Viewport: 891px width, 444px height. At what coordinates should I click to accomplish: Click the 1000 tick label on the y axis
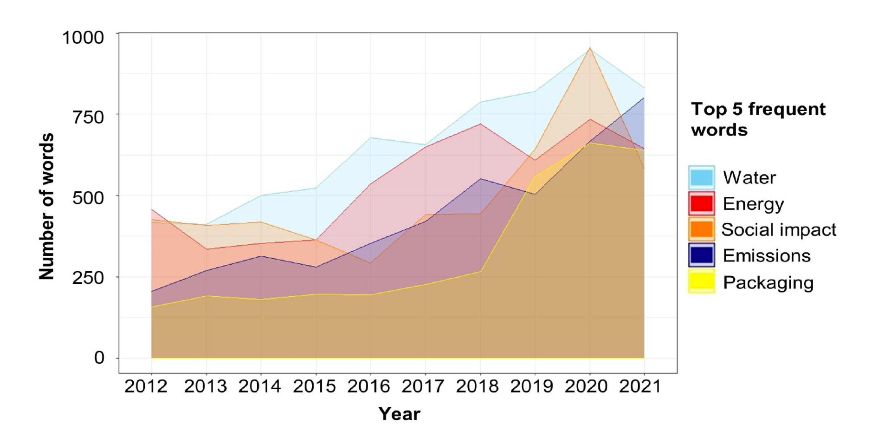[x=83, y=37]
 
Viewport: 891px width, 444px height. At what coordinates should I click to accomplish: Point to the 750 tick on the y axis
[x=89, y=117]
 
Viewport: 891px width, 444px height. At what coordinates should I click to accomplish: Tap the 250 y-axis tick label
[x=89, y=277]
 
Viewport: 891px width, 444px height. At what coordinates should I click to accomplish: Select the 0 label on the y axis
[x=99, y=358]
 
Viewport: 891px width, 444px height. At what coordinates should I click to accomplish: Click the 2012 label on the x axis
[x=146, y=386]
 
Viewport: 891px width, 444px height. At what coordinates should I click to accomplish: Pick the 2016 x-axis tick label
[x=369, y=386]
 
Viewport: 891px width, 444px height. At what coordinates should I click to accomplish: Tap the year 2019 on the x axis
[x=532, y=386]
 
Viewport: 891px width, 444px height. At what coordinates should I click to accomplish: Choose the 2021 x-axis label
[x=640, y=386]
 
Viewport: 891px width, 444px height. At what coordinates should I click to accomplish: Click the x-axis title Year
[x=399, y=413]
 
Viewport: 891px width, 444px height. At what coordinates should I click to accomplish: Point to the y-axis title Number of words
[x=46, y=207]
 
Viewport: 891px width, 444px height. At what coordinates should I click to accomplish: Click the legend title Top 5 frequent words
[x=758, y=119]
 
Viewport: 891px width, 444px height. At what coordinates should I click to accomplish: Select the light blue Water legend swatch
[x=701, y=177]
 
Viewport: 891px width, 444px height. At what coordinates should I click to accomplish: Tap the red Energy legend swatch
[x=701, y=203]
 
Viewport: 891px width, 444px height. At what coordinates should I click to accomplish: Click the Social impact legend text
[x=779, y=229]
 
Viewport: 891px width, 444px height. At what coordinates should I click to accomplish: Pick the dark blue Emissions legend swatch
[x=701, y=255]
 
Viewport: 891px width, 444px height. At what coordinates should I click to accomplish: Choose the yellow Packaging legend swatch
[x=701, y=282]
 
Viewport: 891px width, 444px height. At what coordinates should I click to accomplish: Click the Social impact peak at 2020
[x=590, y=48]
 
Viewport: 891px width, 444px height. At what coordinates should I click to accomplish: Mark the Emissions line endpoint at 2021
[x=644, y=98]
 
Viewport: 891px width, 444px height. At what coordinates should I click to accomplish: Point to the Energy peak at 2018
[x=480, y=124]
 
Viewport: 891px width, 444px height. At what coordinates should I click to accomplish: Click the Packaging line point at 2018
[x=480, y=271]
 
